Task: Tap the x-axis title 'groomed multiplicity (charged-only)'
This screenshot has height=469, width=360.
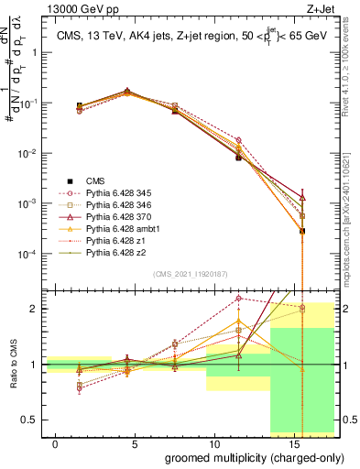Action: pyautogui.click(x=242, y=456)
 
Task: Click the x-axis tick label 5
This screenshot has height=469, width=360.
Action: pyautogui.click(x=136, y=443)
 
